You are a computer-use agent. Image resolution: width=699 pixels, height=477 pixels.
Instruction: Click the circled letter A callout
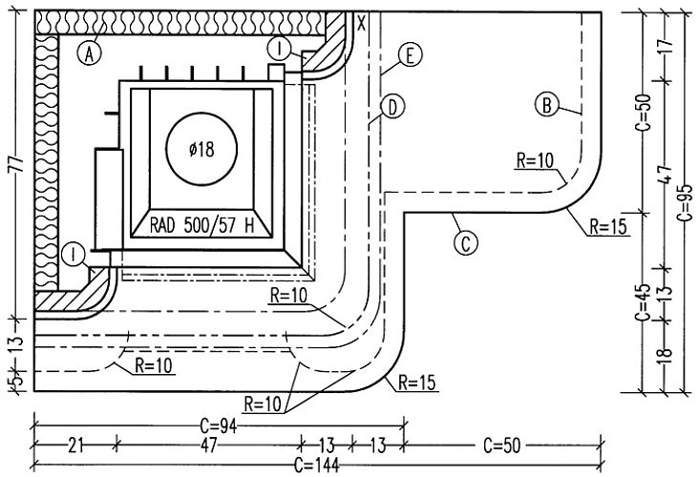point(89,53)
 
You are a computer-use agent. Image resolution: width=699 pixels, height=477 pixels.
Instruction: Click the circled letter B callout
point(546,105)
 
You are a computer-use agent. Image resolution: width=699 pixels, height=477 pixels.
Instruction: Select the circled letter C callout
point(465,243)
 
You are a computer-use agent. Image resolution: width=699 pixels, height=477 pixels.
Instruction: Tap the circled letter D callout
point(392,108)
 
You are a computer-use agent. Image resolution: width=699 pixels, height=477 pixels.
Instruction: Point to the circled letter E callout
point(410,54)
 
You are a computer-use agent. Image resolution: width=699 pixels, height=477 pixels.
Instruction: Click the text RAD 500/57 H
point(201,225)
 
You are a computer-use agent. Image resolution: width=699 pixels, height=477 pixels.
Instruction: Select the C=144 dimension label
point(317,466)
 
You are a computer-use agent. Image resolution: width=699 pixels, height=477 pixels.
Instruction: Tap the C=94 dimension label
point(218,426)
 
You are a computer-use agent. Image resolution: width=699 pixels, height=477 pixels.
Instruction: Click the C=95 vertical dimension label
point(686,202)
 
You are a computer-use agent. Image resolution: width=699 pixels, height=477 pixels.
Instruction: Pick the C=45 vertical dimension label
point(644,301)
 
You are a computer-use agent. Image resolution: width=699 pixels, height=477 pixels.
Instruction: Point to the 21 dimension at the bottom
point(75,445)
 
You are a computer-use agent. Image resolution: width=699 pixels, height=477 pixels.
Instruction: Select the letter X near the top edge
point(362,22)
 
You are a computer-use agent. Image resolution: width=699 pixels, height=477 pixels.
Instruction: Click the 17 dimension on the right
point(665,46)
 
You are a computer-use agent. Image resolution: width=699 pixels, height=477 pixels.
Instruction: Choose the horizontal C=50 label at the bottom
point(502,445)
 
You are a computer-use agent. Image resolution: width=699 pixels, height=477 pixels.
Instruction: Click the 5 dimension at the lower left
point(16,382)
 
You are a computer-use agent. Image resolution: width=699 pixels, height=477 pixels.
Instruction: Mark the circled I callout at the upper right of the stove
point(280,49)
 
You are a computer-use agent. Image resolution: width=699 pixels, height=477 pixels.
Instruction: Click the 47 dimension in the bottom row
point(208,445)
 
